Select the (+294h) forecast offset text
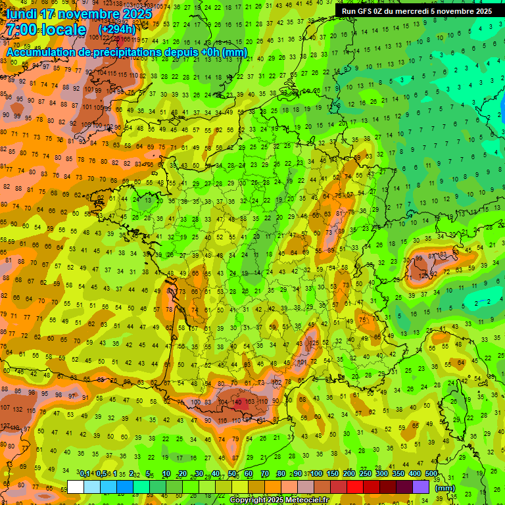pos(118,29)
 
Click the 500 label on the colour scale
pos(431,473)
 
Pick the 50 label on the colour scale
pos(232,473)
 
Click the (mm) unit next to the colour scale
pos(446,488)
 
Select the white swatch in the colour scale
pos(76,487)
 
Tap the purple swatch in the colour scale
pos(421,487)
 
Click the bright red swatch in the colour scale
pos(355,487)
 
